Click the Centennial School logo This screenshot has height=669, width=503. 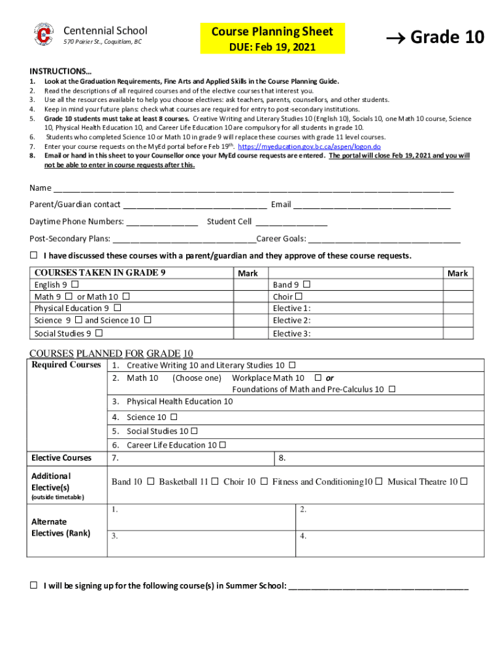[x=44, y=35]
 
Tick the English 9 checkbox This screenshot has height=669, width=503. [x=74, y=285]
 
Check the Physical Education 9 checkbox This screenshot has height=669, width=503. [x=117, y=308]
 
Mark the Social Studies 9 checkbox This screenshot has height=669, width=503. [x=99, y=333]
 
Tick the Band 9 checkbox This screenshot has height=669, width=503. [x=307, y=285]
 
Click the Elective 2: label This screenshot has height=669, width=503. [x=291, y=320]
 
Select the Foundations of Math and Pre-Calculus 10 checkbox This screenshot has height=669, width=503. [x=392, y=389]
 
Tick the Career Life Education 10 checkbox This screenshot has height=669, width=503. [x=223, y=445]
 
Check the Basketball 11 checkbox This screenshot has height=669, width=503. [x=215, y=481]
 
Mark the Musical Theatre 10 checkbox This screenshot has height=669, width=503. [x=464, y=481]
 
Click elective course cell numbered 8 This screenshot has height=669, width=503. [x=379, y=458]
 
